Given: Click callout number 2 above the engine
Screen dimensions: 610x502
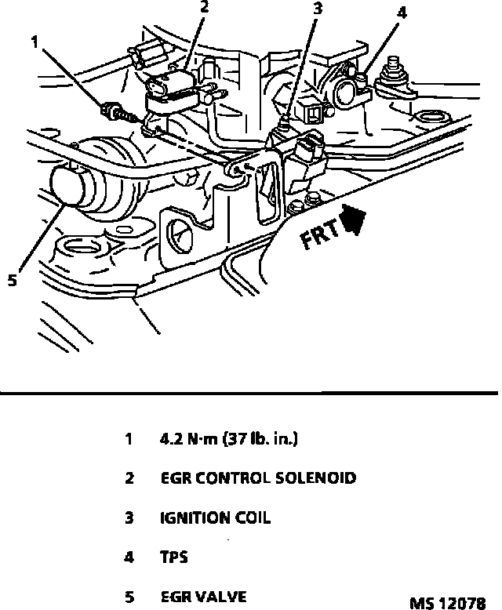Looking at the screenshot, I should click(204, 9).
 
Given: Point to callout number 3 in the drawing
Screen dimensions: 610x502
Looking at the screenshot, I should click(318, 10).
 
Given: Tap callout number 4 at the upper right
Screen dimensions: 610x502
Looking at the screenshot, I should click(402, 13).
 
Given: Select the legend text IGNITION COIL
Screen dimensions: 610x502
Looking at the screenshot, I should click(216, 518).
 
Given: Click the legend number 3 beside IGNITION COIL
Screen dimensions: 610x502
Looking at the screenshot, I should click(129, 518).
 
